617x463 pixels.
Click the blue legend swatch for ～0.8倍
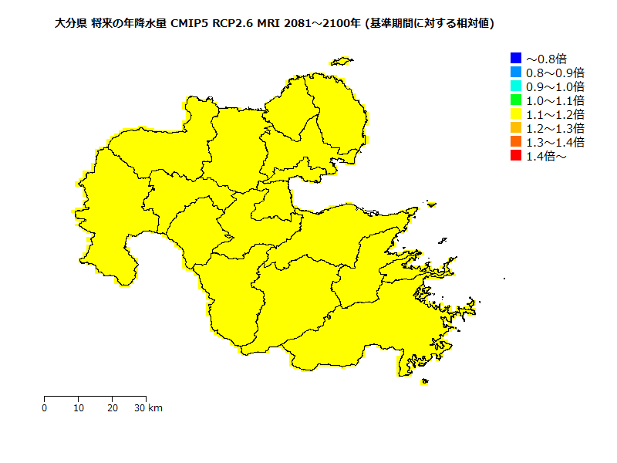coord(516,58)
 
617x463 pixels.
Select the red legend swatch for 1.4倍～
coord(516,156)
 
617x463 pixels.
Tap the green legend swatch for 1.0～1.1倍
coord(516,100)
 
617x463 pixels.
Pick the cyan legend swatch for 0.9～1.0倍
coord(516,86)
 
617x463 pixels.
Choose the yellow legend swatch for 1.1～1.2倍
coord(516,113)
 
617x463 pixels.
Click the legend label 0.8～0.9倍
coord(555,73)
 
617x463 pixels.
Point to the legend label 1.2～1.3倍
coord(555,128)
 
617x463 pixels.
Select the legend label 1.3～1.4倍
coord(555,142)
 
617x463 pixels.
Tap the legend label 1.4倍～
coord(546,157)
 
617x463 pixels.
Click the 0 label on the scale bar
coord(45,407)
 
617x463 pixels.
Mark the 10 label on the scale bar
coord(79,407)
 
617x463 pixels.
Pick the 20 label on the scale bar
coord(113,407)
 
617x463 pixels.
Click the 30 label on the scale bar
coord(140,407)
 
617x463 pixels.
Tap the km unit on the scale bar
coord(155,407)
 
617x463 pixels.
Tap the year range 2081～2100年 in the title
coord(322,24)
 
